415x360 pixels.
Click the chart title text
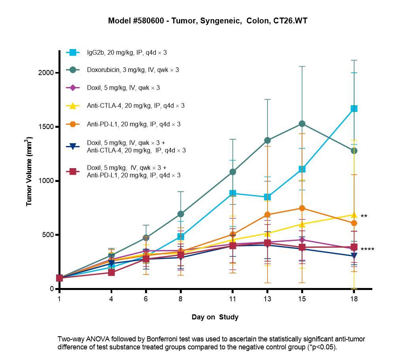click(x=208, y=21)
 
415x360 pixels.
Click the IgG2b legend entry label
click(x=127, y=53)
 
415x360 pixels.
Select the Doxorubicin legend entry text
click(x=133, y=70)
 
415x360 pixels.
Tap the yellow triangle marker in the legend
click(x=73, y=106)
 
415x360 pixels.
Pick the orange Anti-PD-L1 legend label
click(x=134, y=124)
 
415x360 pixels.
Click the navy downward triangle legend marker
click(x=73, y=146)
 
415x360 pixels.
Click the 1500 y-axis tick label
click(x=46, y=127)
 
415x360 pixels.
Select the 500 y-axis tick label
click(x=48, y=235)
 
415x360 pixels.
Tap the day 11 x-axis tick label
click(x=232, y=299)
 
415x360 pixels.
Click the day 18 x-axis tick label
click(x=354, y=299)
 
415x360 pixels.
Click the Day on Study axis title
click(x=215, y=317)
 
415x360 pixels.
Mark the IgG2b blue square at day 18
click(x=354, y=109)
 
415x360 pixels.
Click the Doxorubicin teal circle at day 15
click(x=302, y=124)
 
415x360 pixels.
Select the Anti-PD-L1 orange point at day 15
click(x=302, y=208)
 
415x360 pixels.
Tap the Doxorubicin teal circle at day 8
click(x=181, y=214)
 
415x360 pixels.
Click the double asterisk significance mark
click(x=364, y=216)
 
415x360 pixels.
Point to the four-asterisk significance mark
click(x=367, y=249)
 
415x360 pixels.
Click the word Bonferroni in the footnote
click(x=162, y=339)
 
